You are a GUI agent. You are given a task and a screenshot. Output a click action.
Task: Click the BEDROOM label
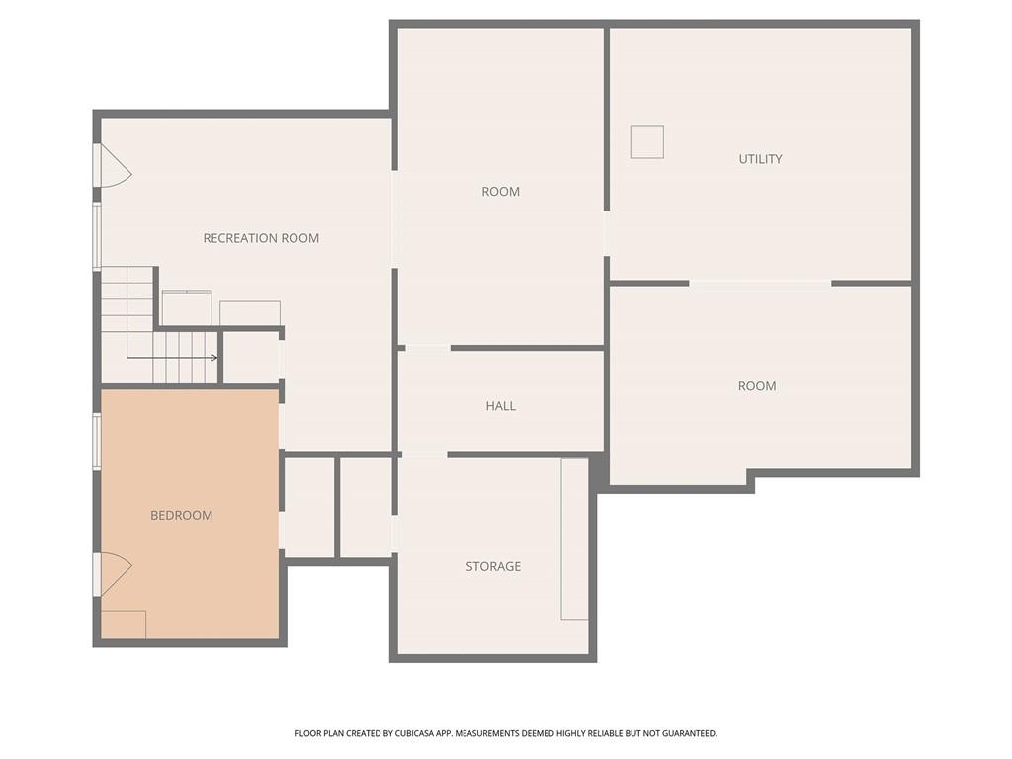[x=181, y=515]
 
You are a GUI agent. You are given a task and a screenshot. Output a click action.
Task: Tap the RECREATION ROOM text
[x=261, y=238]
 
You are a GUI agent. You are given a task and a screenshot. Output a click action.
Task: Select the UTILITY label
[x=760, y=159]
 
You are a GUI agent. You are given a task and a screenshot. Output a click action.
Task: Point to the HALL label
[x=500, y=406]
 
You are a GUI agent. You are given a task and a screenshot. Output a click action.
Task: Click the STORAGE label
[x=493, y=566]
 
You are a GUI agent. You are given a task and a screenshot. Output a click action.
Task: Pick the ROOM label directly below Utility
[x=757, y=386]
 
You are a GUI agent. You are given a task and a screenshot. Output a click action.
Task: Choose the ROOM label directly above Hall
[x=500, y=192]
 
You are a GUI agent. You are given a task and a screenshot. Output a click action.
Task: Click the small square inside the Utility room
[x=647, y=142]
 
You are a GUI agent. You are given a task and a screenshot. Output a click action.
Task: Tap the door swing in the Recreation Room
[x=115, y=166]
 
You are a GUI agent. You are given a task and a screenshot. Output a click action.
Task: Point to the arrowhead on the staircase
[x=213, y=358]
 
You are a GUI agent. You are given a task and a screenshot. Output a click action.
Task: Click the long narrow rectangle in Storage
[x=574, y=539]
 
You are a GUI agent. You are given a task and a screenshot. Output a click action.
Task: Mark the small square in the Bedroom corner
[x=124, y=625]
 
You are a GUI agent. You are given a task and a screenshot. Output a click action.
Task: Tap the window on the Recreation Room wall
[x=97, y=235]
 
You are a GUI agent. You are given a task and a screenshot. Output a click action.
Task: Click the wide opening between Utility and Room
[x=760, y=284]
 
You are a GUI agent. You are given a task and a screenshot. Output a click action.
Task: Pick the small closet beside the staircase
[x=250, y=357]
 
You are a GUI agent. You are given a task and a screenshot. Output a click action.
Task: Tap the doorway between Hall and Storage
[x=423, y=455]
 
